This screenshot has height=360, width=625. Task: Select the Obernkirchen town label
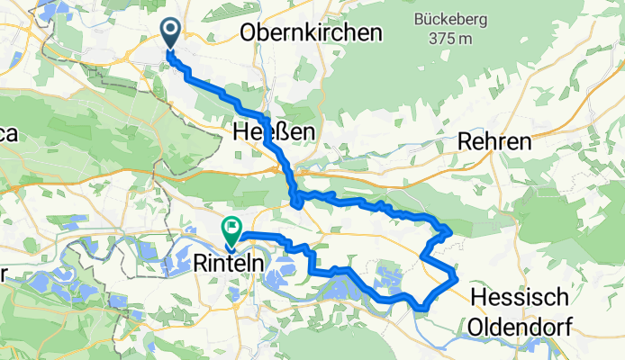311,32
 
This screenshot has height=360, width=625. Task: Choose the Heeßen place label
273,133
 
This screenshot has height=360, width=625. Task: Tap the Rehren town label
494,141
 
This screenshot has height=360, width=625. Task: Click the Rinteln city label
229,265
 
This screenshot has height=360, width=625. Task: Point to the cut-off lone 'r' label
5,274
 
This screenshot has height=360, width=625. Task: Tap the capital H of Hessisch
480,298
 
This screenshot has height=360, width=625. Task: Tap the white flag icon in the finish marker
231,227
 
